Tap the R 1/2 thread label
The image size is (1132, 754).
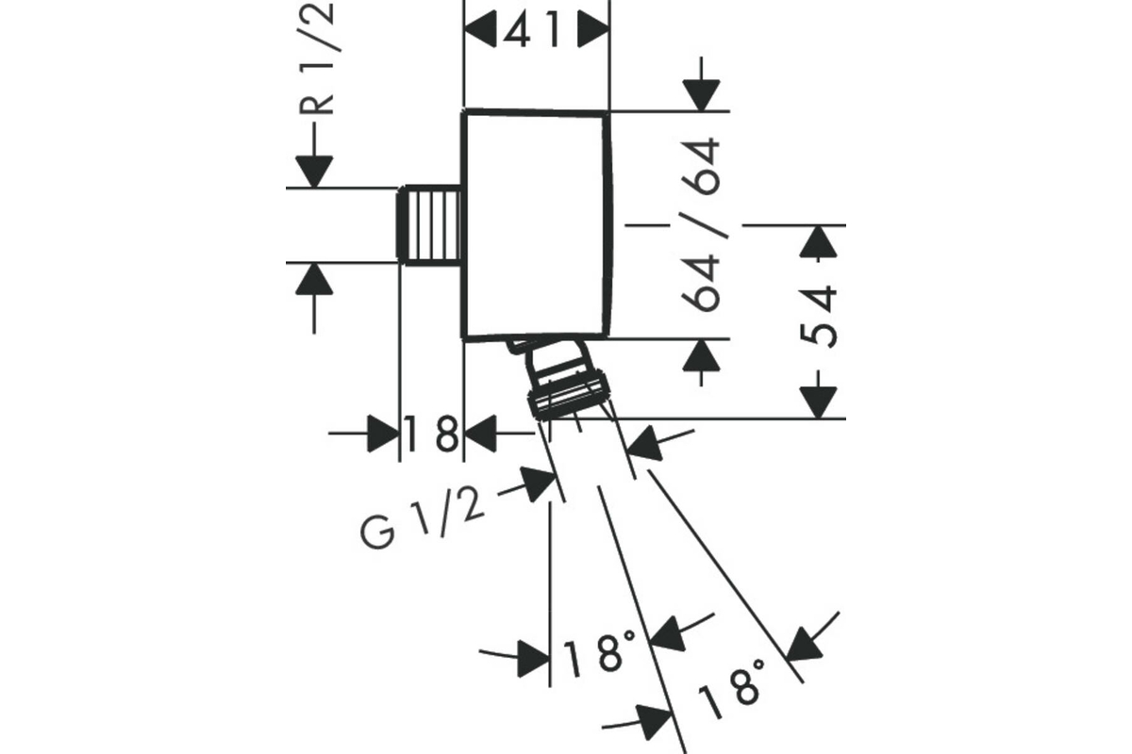click(317, 57)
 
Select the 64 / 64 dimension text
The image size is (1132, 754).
click(700, 224)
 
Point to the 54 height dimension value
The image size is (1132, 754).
click(819, 318)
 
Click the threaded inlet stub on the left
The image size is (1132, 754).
click(429, 225)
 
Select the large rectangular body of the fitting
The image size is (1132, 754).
click(537, 224)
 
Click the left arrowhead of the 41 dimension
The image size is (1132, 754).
click(480, 29)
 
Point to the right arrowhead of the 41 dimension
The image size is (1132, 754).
click(593, 29)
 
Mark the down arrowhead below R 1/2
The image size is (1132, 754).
click(314, 172)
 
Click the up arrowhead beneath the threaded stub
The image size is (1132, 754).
click(314, 279)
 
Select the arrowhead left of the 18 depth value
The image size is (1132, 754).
click(383, 434)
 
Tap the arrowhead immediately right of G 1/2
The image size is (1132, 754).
click(538, 484)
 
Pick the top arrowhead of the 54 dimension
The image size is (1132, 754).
click(818, 241)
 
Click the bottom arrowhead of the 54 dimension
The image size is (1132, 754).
click(818, 402)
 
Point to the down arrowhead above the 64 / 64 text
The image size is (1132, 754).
click(701, 95)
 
